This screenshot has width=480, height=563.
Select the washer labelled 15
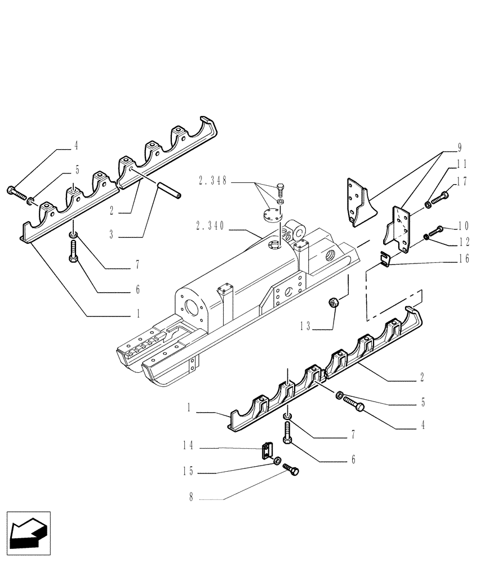coord(277,462)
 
